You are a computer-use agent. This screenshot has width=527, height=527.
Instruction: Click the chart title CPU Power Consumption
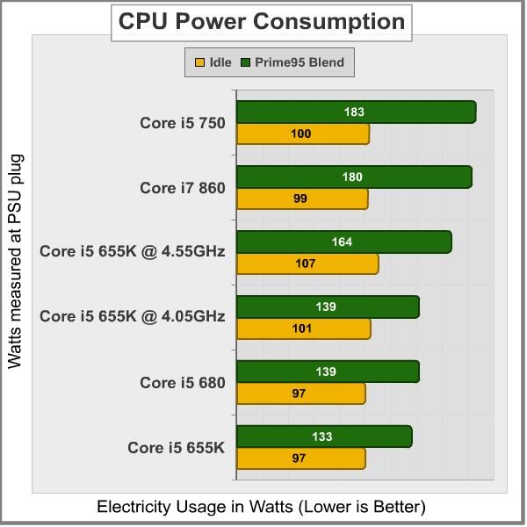pyautogui.click(x=262, y=21)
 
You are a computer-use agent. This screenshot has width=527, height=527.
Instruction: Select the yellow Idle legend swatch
pyautogui.click(x=199, y=62)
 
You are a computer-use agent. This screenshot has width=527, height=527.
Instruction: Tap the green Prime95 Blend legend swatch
pyautogui.click(x=247, y=62)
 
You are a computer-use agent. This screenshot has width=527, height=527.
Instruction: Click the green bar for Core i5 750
pyautogui.click(x=356, y=112)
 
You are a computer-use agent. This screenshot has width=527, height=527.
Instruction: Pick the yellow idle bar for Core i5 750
pyautogui.click(x=303, y=134)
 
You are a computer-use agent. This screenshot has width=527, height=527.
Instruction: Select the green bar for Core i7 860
pyautogui.click(x=354, y=177)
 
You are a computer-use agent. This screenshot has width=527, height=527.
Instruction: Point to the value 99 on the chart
pyautogui.click(x=300, y=199)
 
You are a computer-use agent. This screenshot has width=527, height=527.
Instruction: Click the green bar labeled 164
pyautogui.click(x=343, y=242)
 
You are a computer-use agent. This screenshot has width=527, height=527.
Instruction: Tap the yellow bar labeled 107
pyautogui.click(x=307, y=263)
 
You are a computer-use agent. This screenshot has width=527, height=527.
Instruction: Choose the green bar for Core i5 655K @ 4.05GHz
pyautogui.click(x=328, y=307)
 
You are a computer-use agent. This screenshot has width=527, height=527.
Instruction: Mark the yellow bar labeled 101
pyautogui.click(x=304, y=328)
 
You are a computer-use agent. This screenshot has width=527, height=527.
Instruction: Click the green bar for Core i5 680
pyautogui.click(x=328, y=372)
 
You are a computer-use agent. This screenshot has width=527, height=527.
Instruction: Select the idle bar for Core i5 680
pyautogui.click(x=301, y=393)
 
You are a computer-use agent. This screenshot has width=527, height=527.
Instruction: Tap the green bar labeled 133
pyautogui.click(x=324, y=437)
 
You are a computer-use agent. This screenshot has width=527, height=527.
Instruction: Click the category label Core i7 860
pyautogui.click(x=183, y=188)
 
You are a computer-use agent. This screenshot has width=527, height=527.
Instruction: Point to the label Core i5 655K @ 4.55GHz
pyautogui.click(x=133, y=252)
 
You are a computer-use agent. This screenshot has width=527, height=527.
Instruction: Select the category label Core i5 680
pyautogui.click(x=183, y=383)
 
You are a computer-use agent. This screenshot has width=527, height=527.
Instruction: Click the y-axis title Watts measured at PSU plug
pyautogui.click(x=15, y=261)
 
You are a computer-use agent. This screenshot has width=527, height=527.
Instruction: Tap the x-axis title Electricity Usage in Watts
pyautogui.click(x=261, y=507)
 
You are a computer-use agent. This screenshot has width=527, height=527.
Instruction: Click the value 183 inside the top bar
pyautogui.click(x=354, y=112)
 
